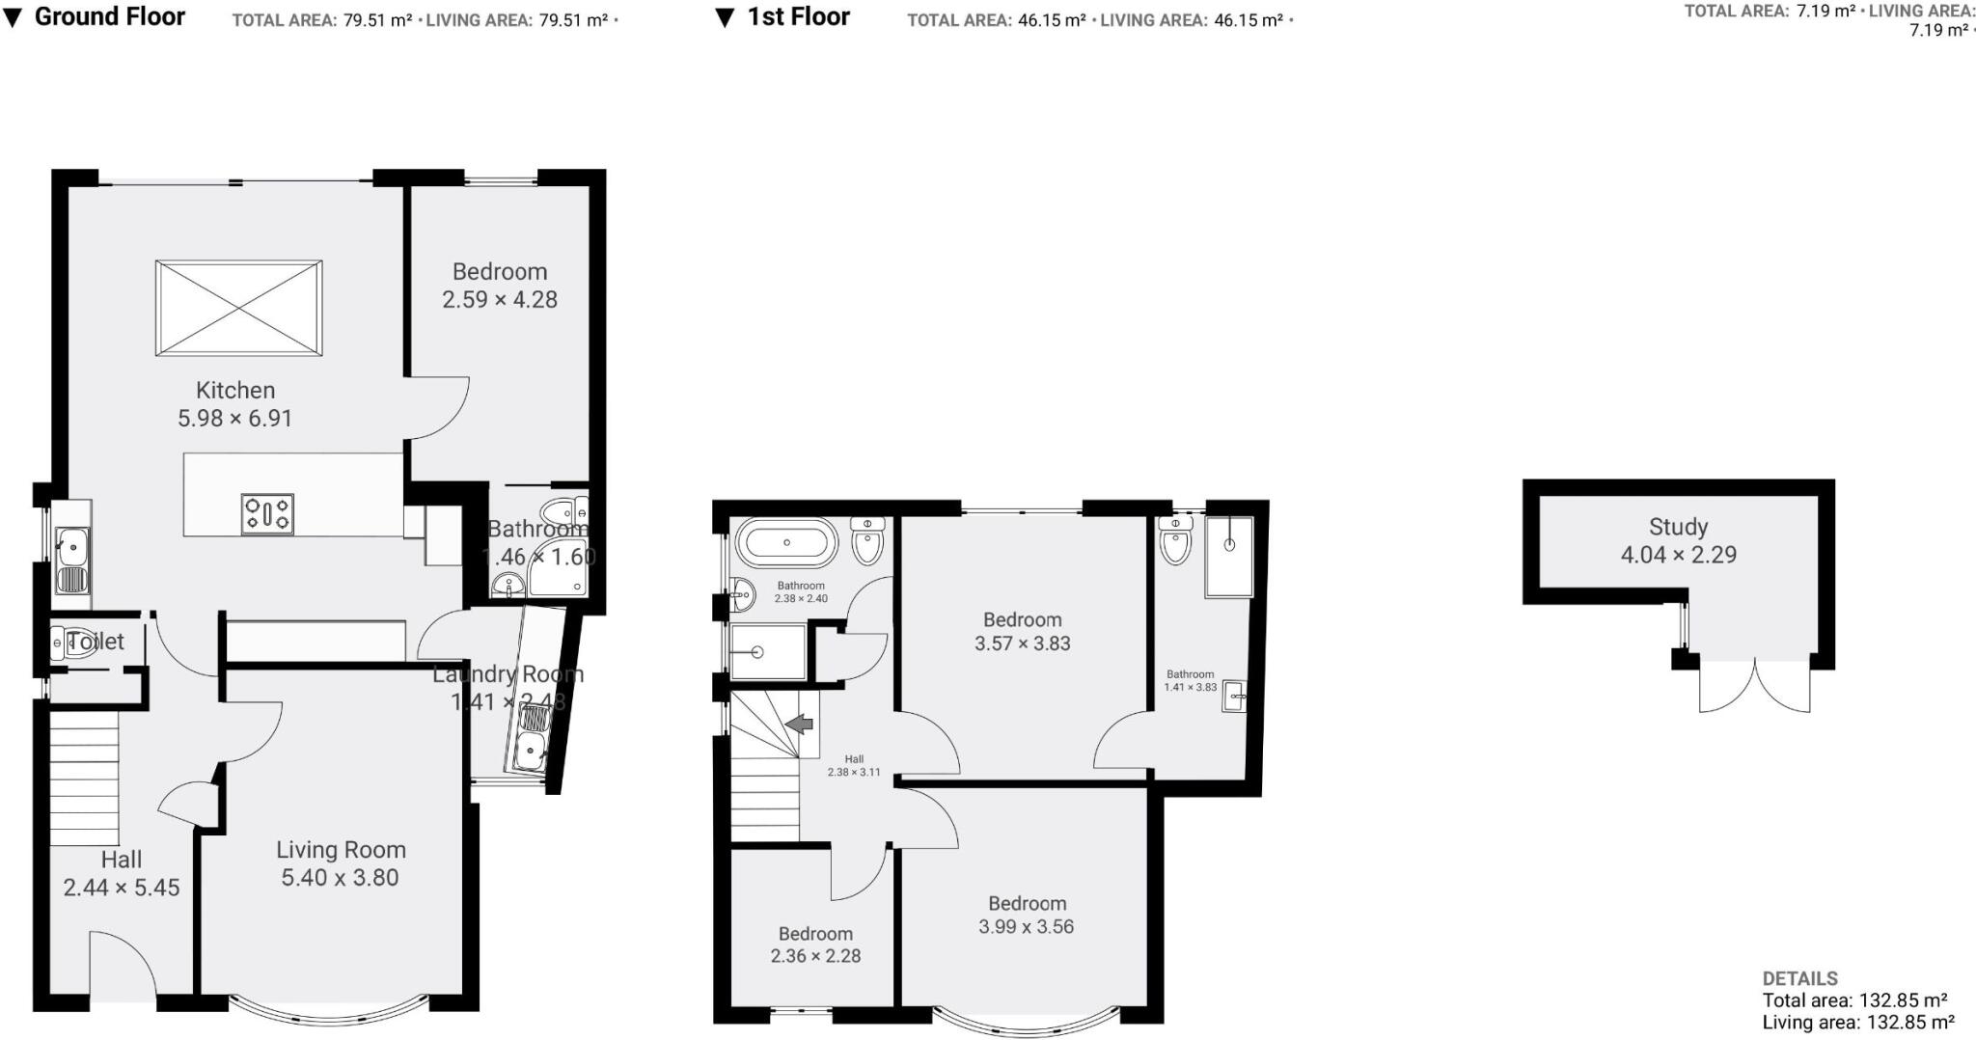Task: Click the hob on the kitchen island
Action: coord(267,513)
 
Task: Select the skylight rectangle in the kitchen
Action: coord(239,308)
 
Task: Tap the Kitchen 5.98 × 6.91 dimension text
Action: coord(234,418)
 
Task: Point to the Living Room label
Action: coord(341,850)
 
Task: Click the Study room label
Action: coord(1678,527)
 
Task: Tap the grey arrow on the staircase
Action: coord(799,724)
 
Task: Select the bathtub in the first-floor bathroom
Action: coord(786,543)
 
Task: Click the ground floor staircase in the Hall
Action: coord(84,778)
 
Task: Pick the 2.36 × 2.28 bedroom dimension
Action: coord(815,956)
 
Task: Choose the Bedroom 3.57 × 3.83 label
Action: coord(1022,620)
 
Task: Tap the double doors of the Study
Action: coord(1754,687)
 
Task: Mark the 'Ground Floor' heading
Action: coord(109,16)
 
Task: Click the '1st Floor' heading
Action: coord(798,16)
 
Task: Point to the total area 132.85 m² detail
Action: coord(1854,1000)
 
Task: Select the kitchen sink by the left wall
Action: coord(70,560)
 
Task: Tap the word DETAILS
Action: coord(1799,978)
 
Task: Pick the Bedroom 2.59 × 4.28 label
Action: coord(500,272)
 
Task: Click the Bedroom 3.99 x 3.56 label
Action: coord(1027,904)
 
